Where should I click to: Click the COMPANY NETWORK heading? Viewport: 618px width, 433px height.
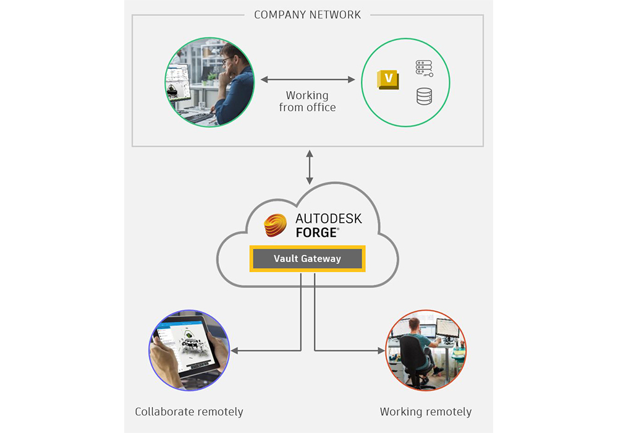click(x=307, y=15)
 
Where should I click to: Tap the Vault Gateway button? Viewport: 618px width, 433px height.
click(x=307, y=259)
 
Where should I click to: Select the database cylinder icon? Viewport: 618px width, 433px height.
click(x=424, y=96)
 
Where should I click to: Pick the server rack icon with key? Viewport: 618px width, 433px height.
click(x=424, y=68)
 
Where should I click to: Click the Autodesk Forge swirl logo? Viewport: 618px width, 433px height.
click(x=276, y=226)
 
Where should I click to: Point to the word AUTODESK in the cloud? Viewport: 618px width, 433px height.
click(x=328, y=219)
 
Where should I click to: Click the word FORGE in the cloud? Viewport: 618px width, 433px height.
click(x=316, y=233)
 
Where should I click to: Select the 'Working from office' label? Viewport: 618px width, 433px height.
click(x=307, y=101)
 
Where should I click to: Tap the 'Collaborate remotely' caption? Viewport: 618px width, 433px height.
click(x=189, y=411)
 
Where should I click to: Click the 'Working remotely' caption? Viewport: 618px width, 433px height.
click(x=426, y=411)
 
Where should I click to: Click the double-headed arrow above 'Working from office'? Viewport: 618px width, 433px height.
click(x=307, y=80)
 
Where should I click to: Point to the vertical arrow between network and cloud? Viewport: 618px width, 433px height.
click(x=309, y=166)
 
